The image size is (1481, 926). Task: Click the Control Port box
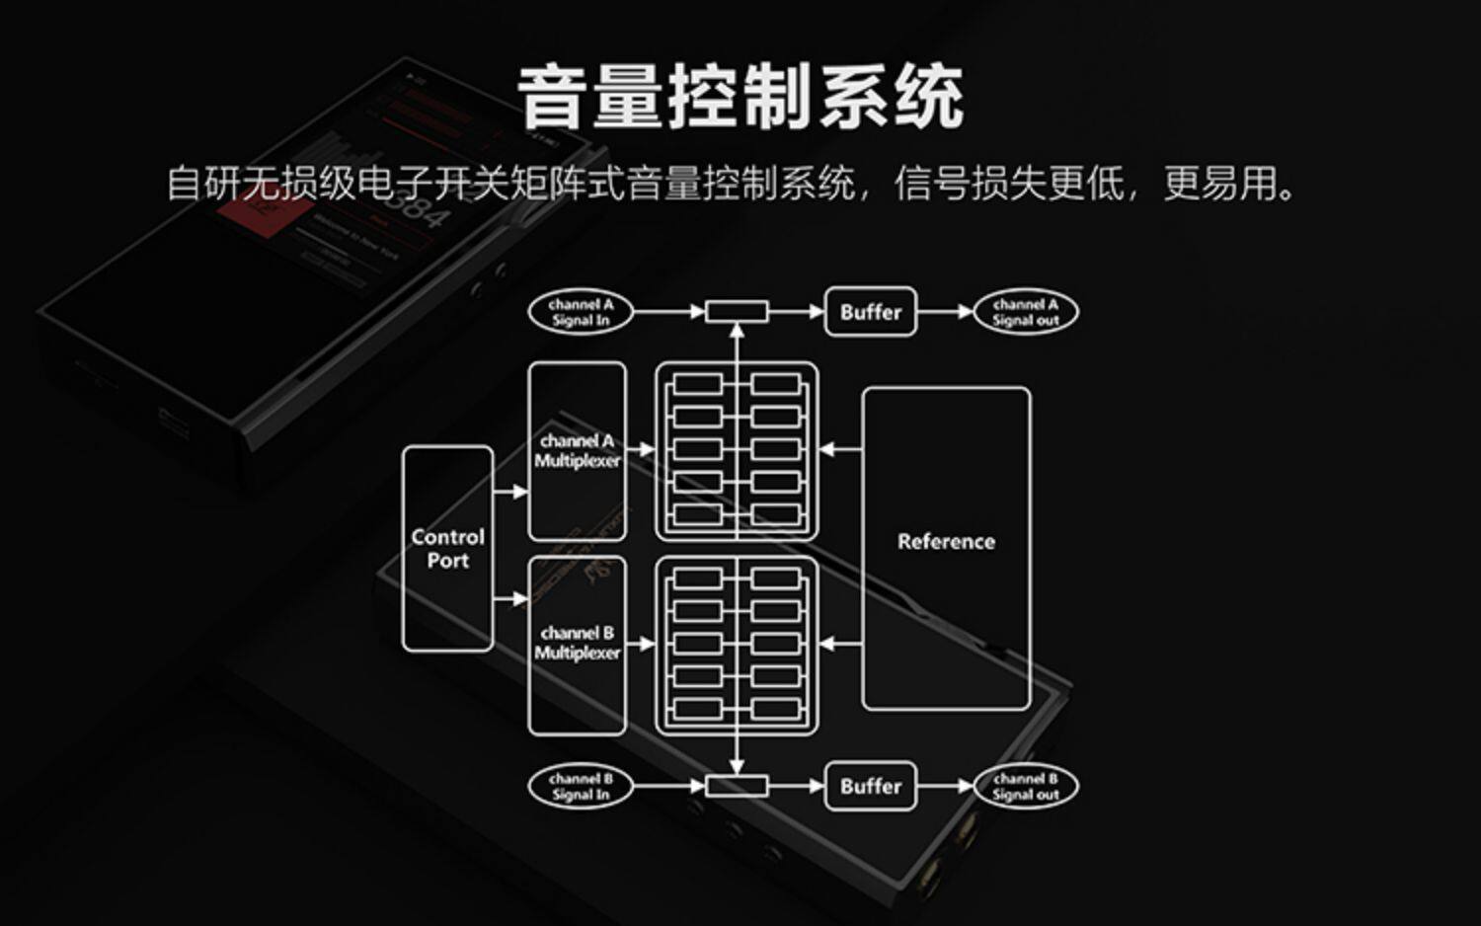(x=447, y=549)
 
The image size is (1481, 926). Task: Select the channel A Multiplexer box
(x=578, y=451)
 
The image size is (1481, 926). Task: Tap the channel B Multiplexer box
(x=578, y=644)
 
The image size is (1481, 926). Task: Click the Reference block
(x=946, y=548)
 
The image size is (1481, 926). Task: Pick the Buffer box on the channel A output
(x=870, y=312)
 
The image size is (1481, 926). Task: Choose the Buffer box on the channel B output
(x=870, y=786)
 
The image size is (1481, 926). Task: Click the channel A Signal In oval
(x=581, y=312)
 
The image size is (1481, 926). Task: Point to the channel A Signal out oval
(x=1025, y=312)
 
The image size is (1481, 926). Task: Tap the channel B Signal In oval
(x=581, y=786)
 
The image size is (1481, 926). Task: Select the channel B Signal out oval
(x=1025, y=786)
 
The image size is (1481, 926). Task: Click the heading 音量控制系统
(x=740, y=97)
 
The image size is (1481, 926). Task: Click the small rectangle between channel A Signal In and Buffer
(x=737, y=312)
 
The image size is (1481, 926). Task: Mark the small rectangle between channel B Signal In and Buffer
(x=737, y=786)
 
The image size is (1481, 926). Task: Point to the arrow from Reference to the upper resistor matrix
(x=840, y=450)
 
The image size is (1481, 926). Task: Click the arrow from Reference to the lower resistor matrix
(x=840, y=644)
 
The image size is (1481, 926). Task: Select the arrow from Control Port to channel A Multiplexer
(x=510, y=491)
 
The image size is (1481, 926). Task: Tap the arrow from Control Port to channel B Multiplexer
(x=510, y=598)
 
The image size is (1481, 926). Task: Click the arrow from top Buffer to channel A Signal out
(x=945, y=312)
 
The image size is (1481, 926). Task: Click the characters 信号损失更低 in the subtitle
(x=1008, y=184)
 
